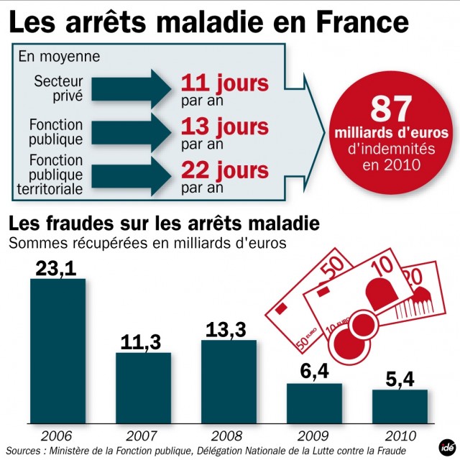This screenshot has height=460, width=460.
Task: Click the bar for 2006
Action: tap(57, 351)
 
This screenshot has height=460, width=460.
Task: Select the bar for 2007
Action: tap(143, 388)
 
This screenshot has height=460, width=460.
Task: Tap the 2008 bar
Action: tap(229, 382)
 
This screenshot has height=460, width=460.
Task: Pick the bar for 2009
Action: tap(314, 403)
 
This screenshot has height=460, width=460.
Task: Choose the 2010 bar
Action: tap(400, 407)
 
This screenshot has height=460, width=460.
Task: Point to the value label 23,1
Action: tap(56, 268)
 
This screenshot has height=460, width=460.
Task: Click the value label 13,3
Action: tap(226, 330)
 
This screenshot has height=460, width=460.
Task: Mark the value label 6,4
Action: tap(315, 372)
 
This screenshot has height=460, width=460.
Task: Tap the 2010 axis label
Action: tap(400, 436)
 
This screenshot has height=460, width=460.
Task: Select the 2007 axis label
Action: tap(142, 436)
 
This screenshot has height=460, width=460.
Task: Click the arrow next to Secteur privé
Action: tap(132, 89)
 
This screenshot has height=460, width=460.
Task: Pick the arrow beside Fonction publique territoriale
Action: tap(132, 176)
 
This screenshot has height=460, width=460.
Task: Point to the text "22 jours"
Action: tap(225, 171)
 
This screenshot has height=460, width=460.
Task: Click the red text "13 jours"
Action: tap(225, 128)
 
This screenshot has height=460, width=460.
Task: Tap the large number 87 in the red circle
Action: tap(391, 109)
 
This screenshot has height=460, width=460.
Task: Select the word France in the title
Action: tap(362, 22)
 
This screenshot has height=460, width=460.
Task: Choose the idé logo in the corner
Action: tap(447, 448)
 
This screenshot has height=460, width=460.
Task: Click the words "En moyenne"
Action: tap(59, 56)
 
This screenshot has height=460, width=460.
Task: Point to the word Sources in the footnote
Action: tap(24, 451)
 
